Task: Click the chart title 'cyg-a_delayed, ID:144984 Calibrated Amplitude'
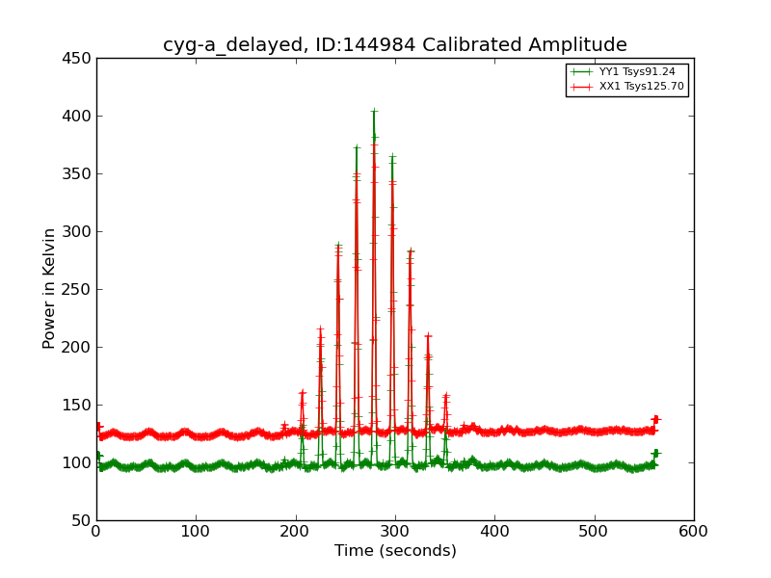pos(394,45)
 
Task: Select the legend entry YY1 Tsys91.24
pos(636,71)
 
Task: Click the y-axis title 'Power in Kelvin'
pos(50,288)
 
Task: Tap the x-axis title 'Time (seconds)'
pos(395,551)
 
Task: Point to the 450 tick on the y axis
pos(79,58)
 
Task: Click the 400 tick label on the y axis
pos(79,116)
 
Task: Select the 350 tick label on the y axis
pos(79,173)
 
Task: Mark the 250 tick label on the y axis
pos(79,289)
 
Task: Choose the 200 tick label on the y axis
pos(79,347)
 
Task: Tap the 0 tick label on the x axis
pos(96,531)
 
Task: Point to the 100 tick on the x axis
pos(196,531)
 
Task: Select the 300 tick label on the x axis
pos(395,531)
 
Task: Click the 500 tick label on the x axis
pos(594,531)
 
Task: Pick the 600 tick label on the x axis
pos(693,531)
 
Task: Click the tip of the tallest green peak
pos(374,112)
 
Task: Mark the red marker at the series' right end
pos(655,419)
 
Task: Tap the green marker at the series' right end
pos(655,453)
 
